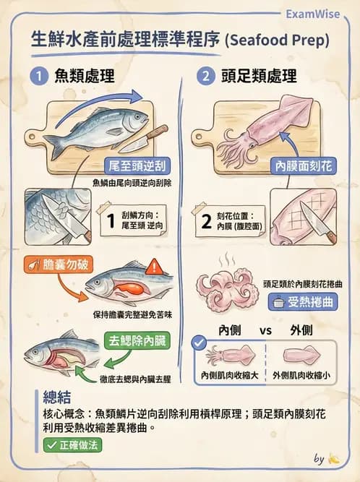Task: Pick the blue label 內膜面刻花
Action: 302,166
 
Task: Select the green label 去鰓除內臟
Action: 137,340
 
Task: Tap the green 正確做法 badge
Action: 72,444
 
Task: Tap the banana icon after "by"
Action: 333,458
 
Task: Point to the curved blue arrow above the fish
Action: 101,101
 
